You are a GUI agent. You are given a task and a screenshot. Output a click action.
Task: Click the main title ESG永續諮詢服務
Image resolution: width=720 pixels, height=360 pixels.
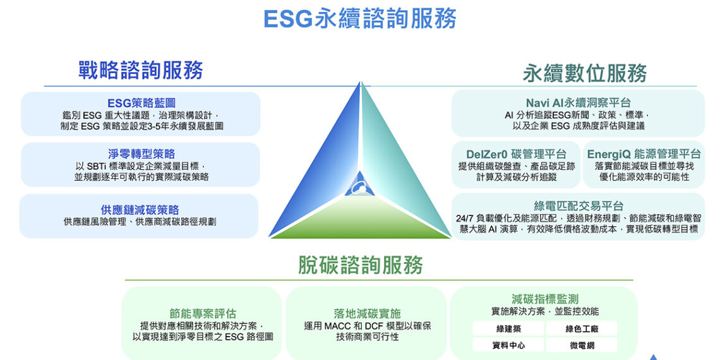click(x=359, y=19)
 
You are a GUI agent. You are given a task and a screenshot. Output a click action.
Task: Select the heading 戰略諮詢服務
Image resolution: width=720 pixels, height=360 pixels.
click(x=140, y=69)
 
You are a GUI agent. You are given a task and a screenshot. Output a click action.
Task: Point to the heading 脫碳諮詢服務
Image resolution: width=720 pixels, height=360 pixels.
click(x=360, y=265)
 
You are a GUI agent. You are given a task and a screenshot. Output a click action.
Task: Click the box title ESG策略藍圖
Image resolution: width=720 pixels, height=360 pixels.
click(x=141, y=103)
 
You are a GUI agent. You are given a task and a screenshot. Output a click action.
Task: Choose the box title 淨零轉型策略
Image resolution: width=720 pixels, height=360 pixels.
click(x=141, y=153)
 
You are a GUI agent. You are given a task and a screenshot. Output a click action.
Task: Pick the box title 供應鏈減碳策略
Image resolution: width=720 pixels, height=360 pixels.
click(x=140, y=210)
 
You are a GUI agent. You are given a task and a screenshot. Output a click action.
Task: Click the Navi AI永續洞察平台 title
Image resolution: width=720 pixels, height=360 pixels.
click(x=578, y=102)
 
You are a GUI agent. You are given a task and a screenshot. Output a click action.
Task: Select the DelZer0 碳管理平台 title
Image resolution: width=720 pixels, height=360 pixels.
click(x=516, y=154)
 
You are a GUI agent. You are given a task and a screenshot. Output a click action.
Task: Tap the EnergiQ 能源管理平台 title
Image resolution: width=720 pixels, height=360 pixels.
click(x=644, y=154)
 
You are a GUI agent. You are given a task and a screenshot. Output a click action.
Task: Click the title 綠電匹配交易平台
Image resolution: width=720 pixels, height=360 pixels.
click(x=579, y=205)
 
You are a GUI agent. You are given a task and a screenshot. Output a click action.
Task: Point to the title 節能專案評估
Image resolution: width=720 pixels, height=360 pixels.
click(x=203, y=313)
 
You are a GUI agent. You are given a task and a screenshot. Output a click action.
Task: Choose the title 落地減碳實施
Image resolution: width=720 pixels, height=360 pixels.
click(x=367, y=313)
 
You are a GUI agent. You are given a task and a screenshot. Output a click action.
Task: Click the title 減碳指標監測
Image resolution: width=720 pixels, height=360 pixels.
click(x=544, y=299)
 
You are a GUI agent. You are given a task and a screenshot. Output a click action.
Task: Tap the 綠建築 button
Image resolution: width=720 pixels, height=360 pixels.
click(x=508, y=328)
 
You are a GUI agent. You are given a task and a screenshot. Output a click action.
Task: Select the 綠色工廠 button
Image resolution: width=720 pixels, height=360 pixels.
click(x=582, y=328)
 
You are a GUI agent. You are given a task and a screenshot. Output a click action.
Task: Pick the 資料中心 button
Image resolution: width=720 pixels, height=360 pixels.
click(x=508, y=345)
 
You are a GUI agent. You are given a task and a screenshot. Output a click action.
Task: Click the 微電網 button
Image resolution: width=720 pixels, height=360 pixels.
click(x=582, y=345)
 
